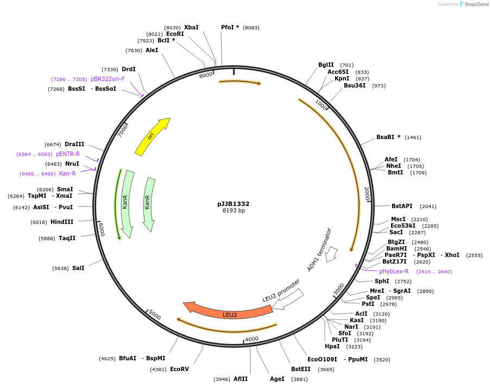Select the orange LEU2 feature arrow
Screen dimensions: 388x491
click(229, 314)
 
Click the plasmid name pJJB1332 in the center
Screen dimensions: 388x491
click(234, 204)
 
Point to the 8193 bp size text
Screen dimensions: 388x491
click(234, 211)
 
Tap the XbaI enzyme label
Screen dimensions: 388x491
click(191, 27)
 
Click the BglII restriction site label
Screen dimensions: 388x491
click(326, 65)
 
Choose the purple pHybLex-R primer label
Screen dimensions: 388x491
click(394, 271)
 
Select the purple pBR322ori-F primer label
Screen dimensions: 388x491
click(108, 79)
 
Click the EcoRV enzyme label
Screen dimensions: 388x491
click(179, 369)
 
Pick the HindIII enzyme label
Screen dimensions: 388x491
click(62, 222)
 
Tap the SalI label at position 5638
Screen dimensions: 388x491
click(78, 268)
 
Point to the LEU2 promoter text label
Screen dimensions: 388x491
click(281, 291)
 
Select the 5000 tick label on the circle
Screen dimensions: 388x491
click(155, 316)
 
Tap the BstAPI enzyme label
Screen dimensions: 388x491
click(402, 206)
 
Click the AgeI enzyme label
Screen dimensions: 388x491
click(276, 379)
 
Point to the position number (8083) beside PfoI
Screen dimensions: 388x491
click(251, 27)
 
